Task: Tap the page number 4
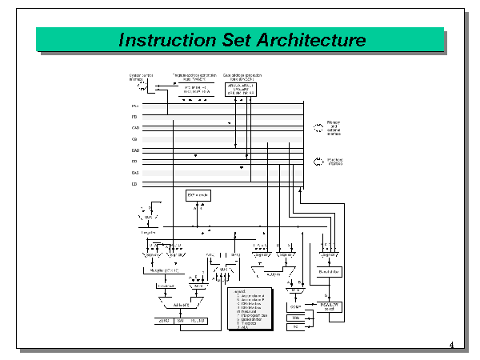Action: click(x=451, y=346)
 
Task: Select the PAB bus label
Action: click(x=134, y=105)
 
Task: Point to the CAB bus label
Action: click(x=135, y=127)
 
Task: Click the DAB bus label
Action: click(x=135, y=150)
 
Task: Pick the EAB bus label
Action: click(x=135, y=172)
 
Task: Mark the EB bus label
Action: click(x=134, y=184)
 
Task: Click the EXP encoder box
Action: click(x=198, y=195)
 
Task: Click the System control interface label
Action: click(x=140, y=78)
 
